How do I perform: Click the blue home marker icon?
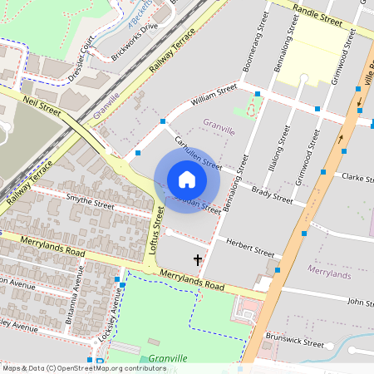pyautogui.click(x=187, y=180)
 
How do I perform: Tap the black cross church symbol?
pyautogui.click(x=198, y=261)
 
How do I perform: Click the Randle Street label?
pyautogui.click(x=319, y=14)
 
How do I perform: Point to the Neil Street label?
pyautogui.click(x=43, y=105)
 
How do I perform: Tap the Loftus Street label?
pyautogui.click(x=155, y=231)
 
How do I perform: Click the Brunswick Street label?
pyautogui.click(x=294, y=342)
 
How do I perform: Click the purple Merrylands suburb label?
pyautogui.click(x=329, y=271)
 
